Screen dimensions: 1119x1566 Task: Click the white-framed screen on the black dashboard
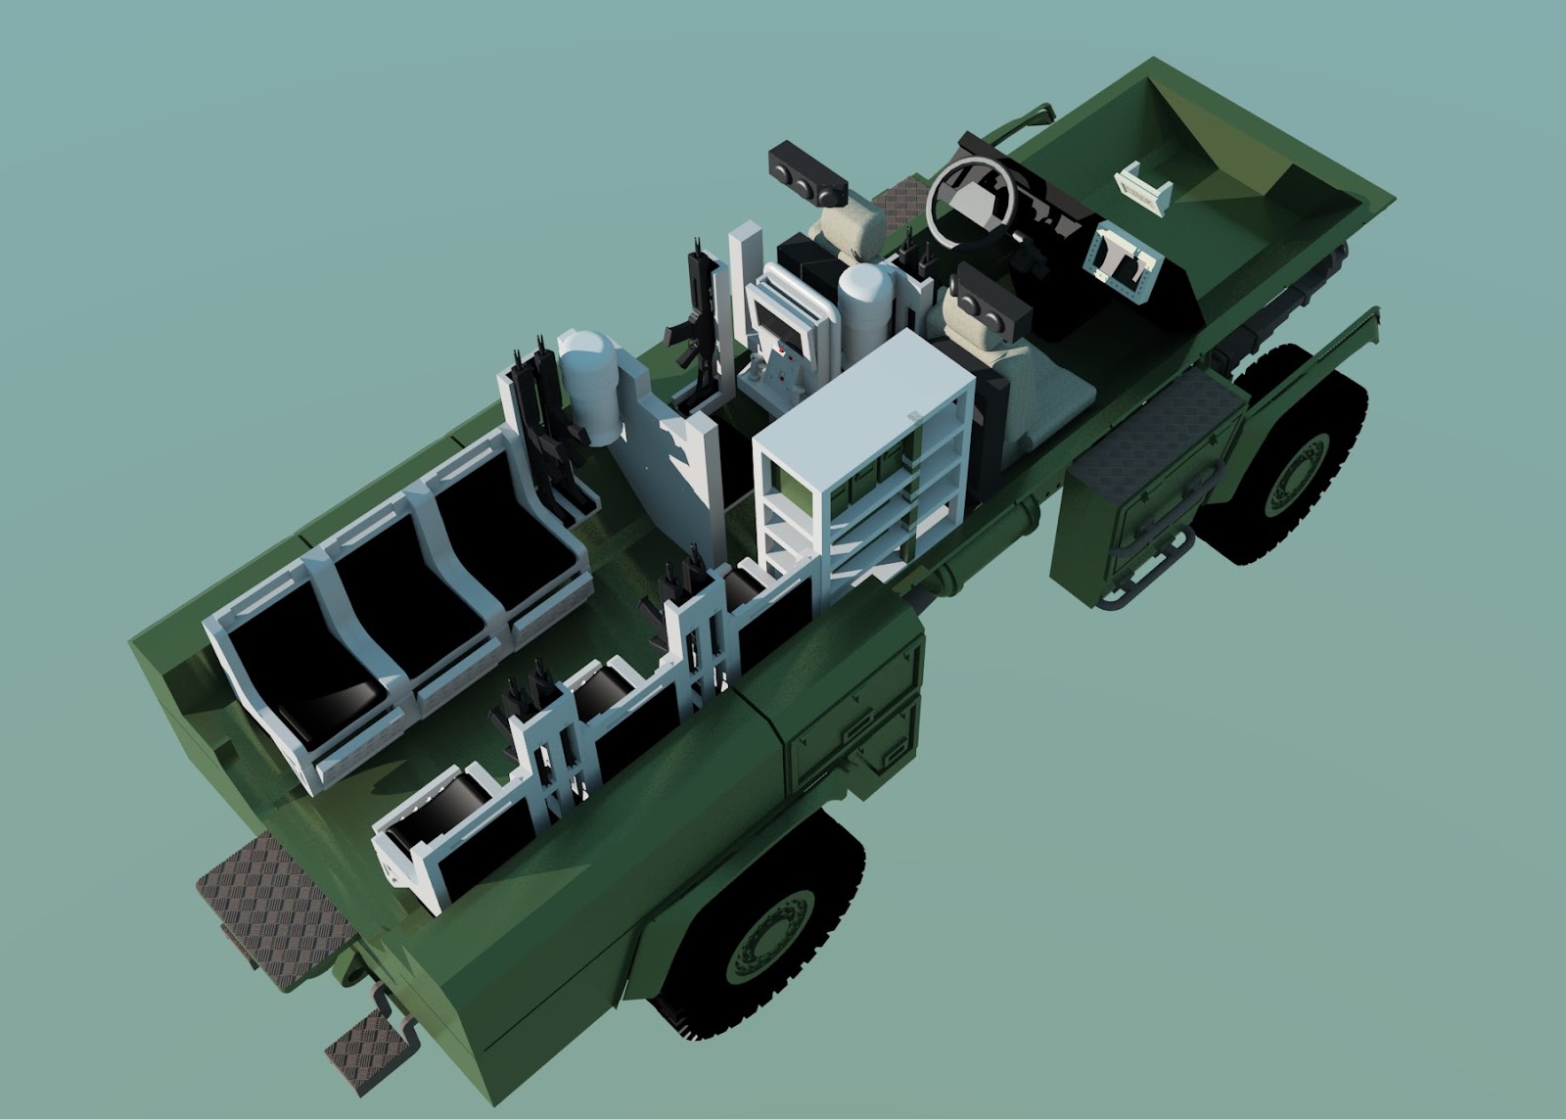tap(1120, 256)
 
